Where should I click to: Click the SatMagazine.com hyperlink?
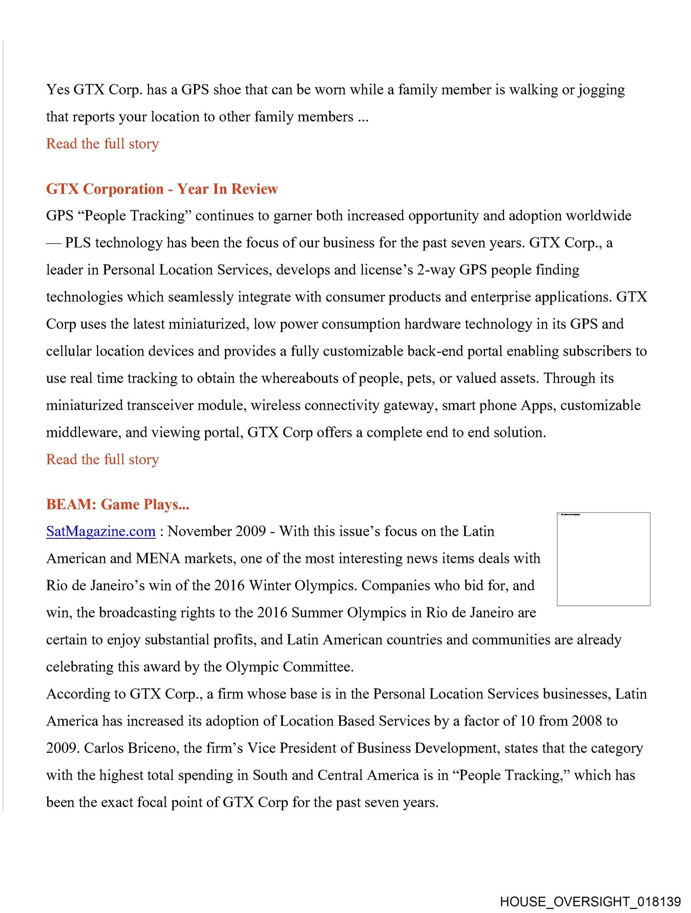click(101, 531)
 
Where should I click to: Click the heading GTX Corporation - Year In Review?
click(162, 189)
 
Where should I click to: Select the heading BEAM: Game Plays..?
click(117, 504)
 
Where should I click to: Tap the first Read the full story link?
click(102, 144)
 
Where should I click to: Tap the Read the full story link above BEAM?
click(102, 459)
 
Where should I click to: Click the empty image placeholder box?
click(603, 559)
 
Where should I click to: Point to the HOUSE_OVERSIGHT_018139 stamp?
click(590, 902)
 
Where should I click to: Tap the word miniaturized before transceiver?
click(84, 405)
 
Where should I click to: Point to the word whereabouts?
click(301, 378)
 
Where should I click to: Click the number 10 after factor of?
click(527, 721)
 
